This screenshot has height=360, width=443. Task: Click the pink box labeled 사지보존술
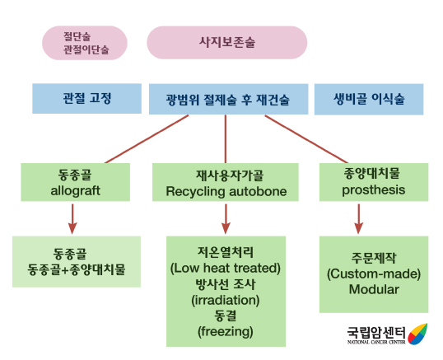tap(226, 42)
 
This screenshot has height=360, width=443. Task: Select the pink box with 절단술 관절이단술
tap(85, 43)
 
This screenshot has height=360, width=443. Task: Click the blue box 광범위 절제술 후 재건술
tap(226, 101)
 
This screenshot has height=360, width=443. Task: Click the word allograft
tap(73, 190)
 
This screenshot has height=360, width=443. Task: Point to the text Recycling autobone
tap(226, 191)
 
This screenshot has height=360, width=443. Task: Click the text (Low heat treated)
tap(226, 268)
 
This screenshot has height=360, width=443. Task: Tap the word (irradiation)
tap(226, 300)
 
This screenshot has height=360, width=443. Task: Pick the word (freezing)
tap(226, 331)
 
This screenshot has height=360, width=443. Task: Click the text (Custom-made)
tap(373, 273)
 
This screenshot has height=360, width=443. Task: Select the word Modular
tap(373, 289)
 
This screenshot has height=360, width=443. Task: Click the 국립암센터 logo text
tap(375, 332)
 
